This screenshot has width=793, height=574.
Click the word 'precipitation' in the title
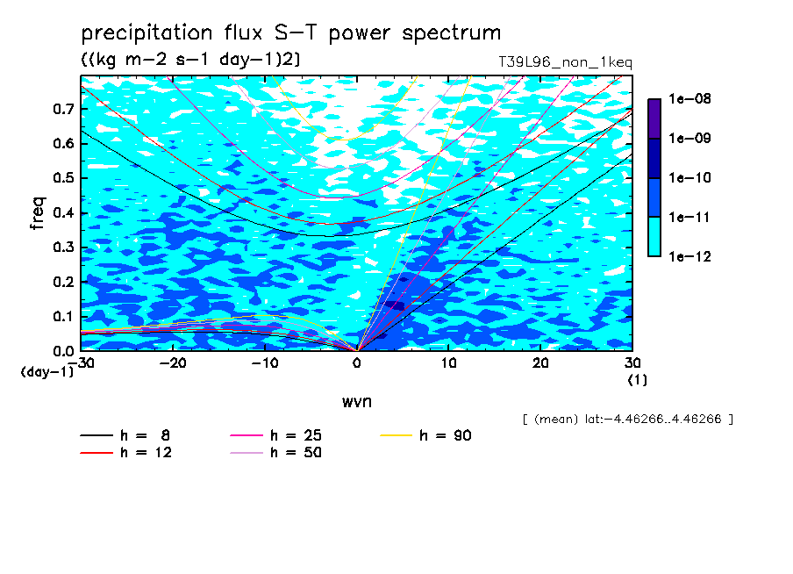point(146,32)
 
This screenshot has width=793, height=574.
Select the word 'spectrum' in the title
point(451,33)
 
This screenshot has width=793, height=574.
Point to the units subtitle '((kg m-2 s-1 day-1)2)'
point(190,59)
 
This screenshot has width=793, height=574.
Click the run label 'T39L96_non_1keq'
point(565,62)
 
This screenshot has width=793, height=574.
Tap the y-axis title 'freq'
point(38,213)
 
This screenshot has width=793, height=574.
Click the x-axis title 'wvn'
point(357,402)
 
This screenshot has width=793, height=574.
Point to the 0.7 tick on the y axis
point(64,109)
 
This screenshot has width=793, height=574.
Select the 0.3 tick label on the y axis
point(64,247)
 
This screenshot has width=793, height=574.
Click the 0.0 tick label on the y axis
point(64,351)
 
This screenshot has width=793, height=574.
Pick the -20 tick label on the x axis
point(173,363)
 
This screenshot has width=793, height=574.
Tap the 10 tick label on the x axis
point(448,363)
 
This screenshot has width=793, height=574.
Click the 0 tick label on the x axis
point(357,363)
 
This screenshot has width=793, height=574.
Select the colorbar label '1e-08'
point(689,98)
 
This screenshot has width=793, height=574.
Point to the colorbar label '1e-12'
point(689,256)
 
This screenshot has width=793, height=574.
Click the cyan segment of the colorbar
point(654,237)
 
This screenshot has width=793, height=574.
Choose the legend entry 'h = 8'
point(125,435)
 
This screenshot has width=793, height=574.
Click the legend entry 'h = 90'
point(425,435)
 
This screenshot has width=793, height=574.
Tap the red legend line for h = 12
point(96,453)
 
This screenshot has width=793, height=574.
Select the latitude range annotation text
point(628,420)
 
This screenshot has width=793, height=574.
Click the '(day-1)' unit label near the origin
point(46,372)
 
